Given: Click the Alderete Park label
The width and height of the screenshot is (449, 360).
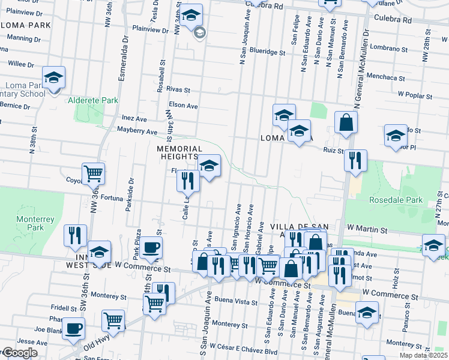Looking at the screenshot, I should pyautogui.click(x=92, y=100).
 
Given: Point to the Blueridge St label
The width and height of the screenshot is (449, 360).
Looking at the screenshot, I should pyautogui.click(x=268, y=52).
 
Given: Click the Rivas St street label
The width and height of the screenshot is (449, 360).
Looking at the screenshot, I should pyautogui.click(x=179, y=90).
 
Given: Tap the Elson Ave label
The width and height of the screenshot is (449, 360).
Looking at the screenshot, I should pyautogui.click(x=184, y=106).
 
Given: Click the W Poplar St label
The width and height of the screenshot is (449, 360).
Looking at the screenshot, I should pyautogui.click(x=416, y=95).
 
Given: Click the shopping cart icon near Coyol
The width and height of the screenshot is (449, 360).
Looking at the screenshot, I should pyautogui.click(x=93, y=173).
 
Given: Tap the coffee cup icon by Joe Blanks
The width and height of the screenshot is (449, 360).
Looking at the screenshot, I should pyautogui.click(x=73, y=328).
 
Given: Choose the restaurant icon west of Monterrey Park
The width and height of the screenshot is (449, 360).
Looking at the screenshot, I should pyautogui.click(x=75, y=235).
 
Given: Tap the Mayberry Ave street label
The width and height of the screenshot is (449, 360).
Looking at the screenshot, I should pyautogui.click(x=137, y=131).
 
